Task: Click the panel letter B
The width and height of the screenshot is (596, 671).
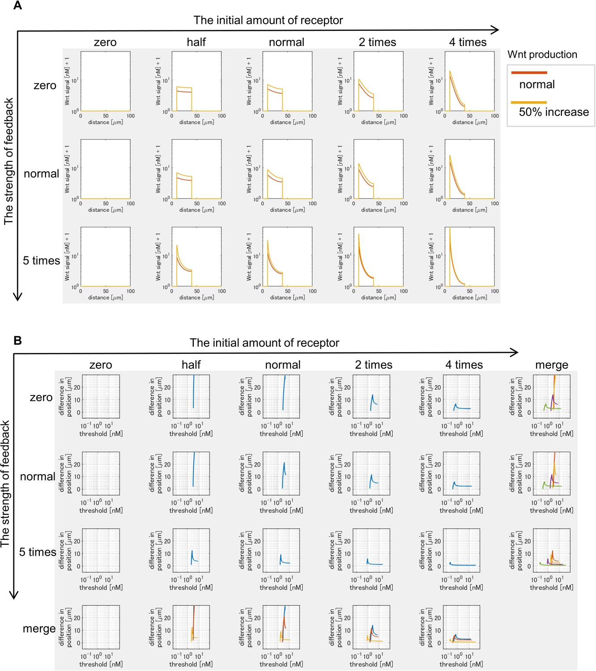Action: click(17, 340)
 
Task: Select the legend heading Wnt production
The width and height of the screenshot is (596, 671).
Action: click(542, 55)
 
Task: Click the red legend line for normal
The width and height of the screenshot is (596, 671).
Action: click(529, 72)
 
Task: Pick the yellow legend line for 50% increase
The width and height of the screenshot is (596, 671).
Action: click(529, 102)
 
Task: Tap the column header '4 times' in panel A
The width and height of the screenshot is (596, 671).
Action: click(468, 42)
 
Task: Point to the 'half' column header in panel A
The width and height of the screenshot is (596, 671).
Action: click(196, 42)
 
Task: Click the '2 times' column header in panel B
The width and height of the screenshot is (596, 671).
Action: click(374, 365)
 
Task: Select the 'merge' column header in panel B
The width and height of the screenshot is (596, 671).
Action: click(551, 365)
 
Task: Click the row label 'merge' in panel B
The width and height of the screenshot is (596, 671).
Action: click(39, 629)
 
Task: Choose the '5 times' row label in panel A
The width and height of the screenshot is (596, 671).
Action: click(41, 260)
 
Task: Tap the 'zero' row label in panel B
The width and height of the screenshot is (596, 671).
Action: click(41, 397)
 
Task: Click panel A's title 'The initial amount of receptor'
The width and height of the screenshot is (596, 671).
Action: click(268, 20)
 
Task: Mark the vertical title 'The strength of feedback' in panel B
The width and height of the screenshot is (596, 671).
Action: click(5, 483)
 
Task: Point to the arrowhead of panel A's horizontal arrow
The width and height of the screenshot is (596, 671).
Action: click(495, 30)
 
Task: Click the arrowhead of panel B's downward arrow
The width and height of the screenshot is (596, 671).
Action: click(14, 595)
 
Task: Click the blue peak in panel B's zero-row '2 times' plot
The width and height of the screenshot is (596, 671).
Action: click(372, 395)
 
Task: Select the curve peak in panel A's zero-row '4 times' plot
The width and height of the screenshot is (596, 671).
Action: click(450, 72)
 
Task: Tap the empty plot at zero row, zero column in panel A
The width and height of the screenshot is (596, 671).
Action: click(106, 81)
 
